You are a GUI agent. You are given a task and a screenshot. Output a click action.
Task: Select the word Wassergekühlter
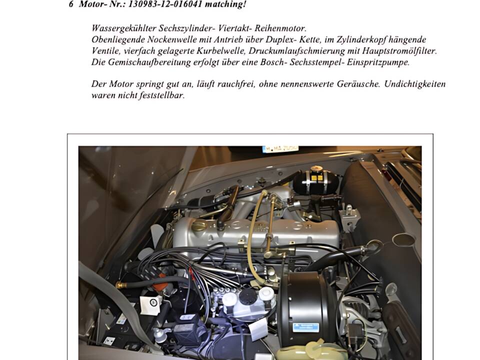(x=123, y=28)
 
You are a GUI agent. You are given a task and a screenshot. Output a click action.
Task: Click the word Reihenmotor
(x=280, y=28)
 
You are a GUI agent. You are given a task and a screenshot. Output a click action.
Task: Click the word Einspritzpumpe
(x=378, y=62)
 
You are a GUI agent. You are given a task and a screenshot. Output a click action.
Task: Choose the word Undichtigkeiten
(x=415, y=84)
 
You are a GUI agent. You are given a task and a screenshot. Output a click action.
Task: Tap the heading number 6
(x=71, y=4)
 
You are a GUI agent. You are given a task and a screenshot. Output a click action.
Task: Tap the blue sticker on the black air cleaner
(x=305, y=327)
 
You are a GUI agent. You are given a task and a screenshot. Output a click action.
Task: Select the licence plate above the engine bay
(x=280, y=149)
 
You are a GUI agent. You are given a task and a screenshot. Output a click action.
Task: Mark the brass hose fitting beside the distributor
(x=121, y=285)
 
